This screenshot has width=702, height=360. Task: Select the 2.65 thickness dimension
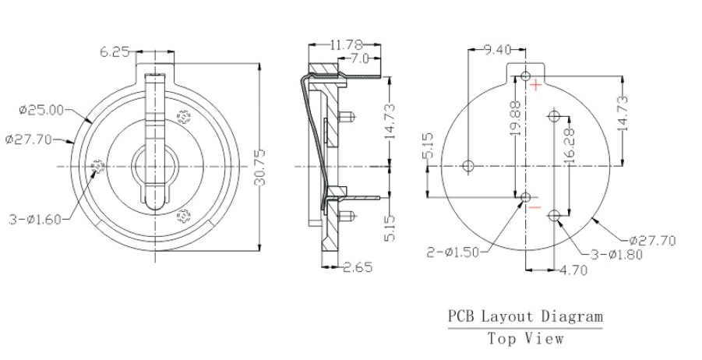point(358,267)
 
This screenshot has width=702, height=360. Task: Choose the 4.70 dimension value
point(575,271)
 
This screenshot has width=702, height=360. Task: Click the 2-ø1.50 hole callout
point(454,251)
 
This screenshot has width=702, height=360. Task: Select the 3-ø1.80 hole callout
point(616,255)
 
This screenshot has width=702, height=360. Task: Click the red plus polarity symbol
point(535,85)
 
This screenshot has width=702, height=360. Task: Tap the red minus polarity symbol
point(534,208)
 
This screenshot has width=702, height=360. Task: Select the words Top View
point(524,338)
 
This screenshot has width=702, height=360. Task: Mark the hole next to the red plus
point(526,77)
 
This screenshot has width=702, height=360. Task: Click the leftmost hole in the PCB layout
point(468,165)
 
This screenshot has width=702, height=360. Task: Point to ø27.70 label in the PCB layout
point(652,240)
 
